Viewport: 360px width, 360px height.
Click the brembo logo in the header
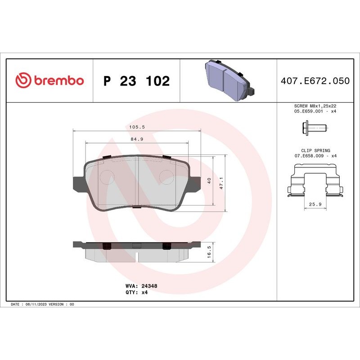pyautogui.click(x=49, y=81)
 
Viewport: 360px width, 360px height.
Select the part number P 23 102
pyautogui.click(x=136, y=81)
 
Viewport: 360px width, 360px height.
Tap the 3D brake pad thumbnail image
pyautogui.click(x=228, y=80)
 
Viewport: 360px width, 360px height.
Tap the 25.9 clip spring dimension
pyautogui.click(x=315, y=204)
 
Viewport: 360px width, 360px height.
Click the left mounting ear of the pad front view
pyautogui.click(x=77, y=183)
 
